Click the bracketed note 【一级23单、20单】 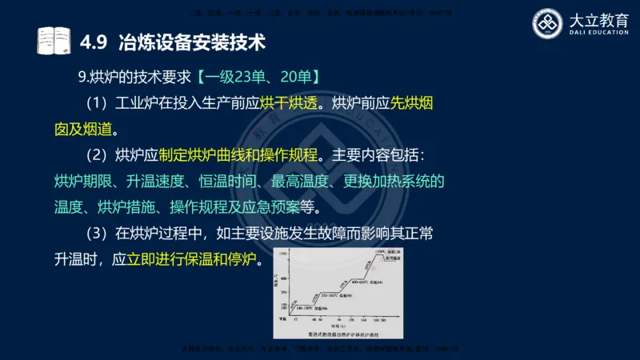(259, 78)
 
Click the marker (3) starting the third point (96, 234)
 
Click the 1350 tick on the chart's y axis (282, 254)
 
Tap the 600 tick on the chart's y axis (282, 278)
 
